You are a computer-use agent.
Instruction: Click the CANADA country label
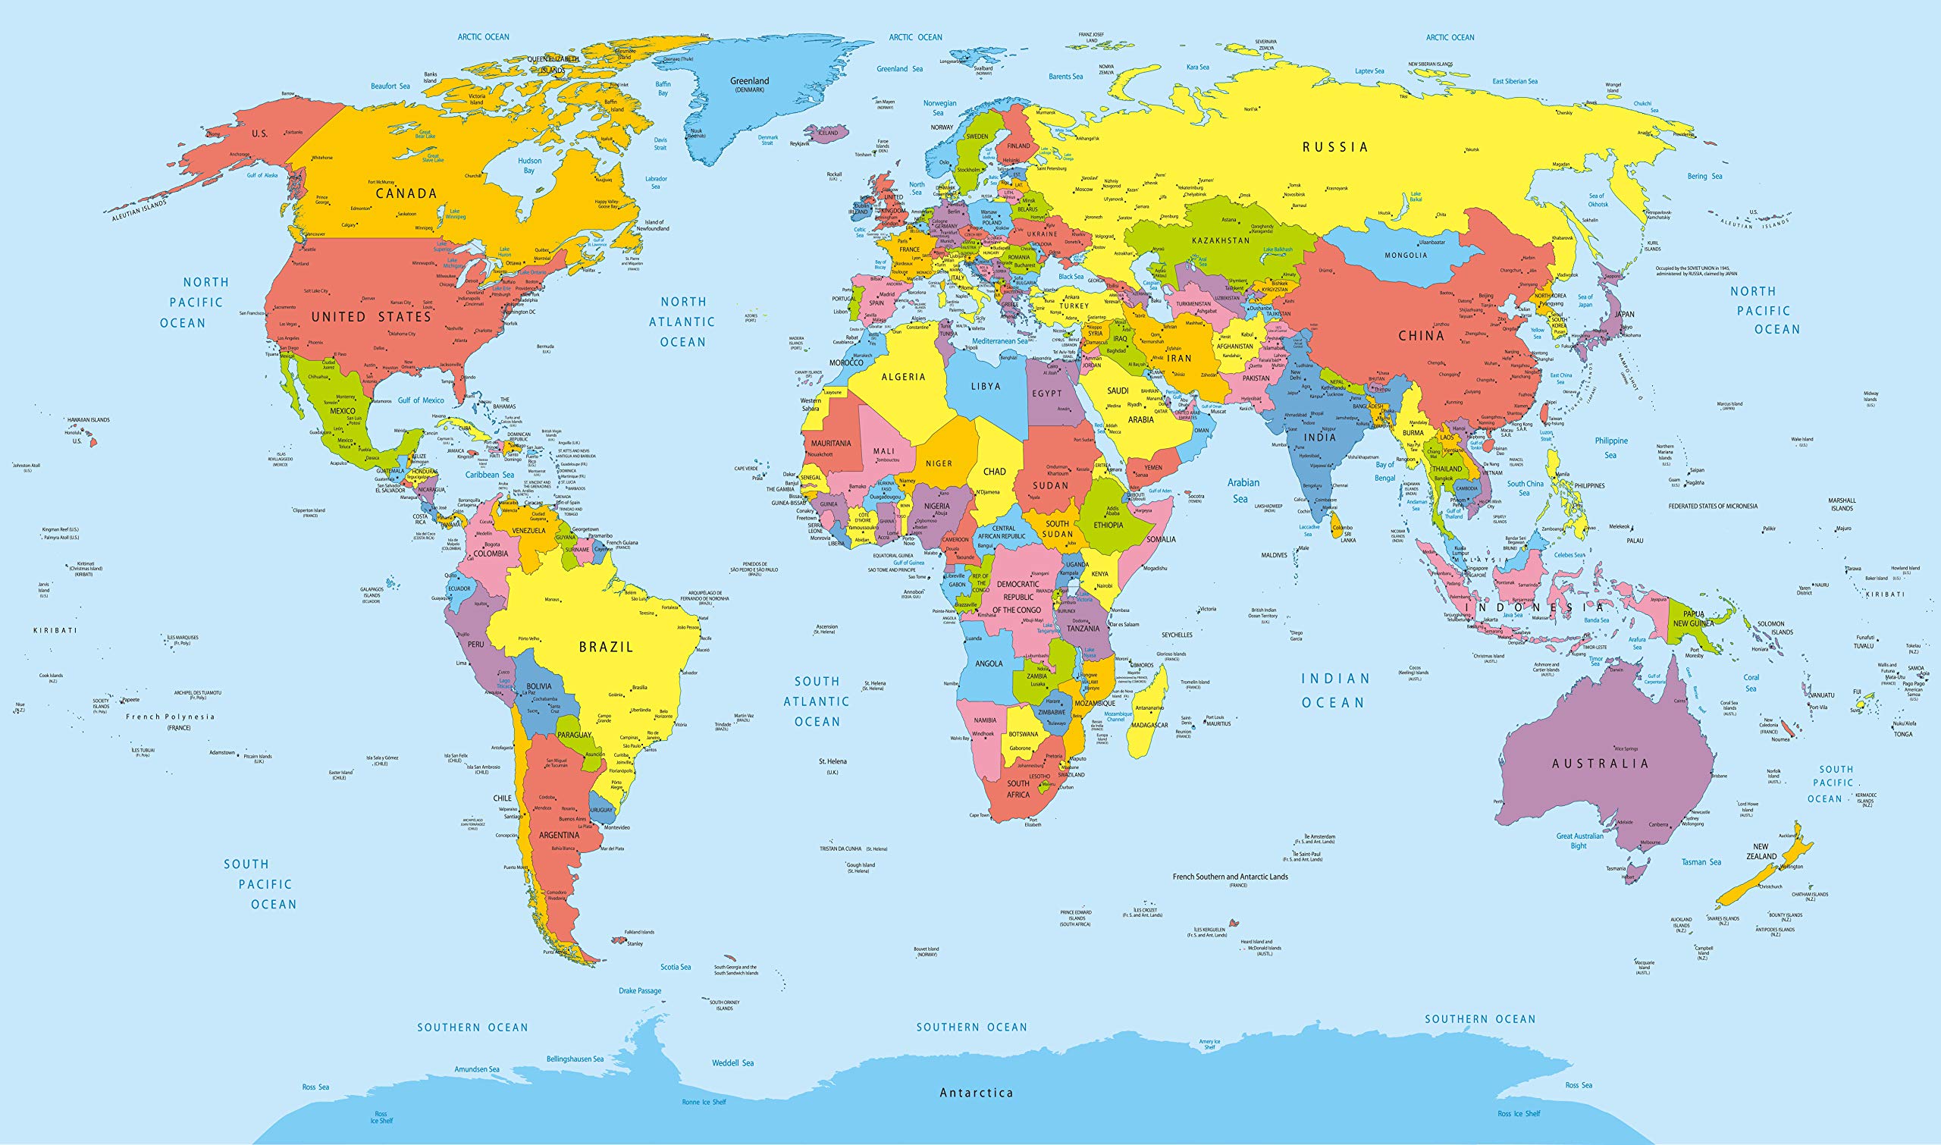[x=406, y=193]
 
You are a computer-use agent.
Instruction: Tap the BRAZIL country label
[x=606, y=648]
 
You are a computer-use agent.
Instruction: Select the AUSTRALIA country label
[x=1600, y=763]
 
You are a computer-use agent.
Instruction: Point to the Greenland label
[x=749, y=81]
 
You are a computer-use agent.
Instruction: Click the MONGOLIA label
[x=1406, y=256]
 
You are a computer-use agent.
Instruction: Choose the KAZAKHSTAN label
[x=1221, y=240]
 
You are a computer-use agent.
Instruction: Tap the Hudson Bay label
[x=529, y=165]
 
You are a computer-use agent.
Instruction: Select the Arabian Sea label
[x=1243, y=491]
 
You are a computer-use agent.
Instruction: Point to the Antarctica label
[x=976, y=1093]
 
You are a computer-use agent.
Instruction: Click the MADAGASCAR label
[x=1149, y=725]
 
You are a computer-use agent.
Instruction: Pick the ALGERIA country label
[x=902, y=378]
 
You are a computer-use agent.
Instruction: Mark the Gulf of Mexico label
[x=421, y=400]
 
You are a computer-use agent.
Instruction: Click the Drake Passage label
[x=639, y=990]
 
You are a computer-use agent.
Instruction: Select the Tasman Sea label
[x=1701, y=862]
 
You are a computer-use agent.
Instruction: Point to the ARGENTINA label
[x=559, y=835]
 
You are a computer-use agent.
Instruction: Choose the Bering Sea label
[x=1704, y=176]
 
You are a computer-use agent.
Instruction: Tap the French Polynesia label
[x=171, y=717]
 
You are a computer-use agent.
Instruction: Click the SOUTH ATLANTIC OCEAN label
[x=817, y=701]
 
